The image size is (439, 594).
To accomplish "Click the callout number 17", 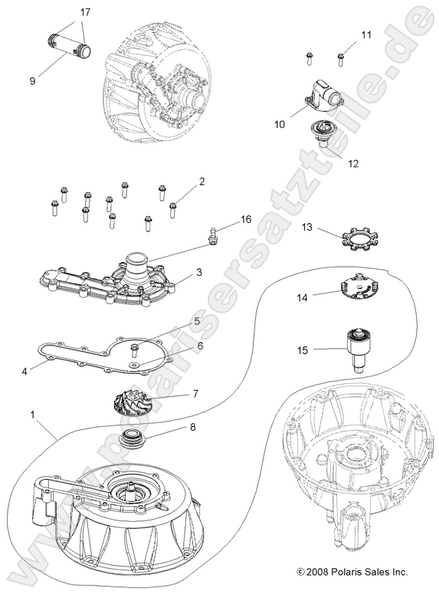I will [x=84, y=13].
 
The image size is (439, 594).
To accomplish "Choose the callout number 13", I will [x=307, y=228].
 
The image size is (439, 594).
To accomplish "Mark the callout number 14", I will [x=303, y=296].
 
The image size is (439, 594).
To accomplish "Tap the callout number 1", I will [x=33, y=415].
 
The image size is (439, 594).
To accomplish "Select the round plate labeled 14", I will [x=356, y=286].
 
